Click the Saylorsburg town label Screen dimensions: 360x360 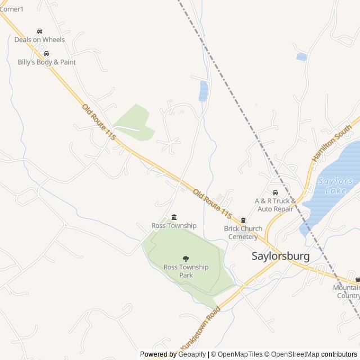(x=280, y=256)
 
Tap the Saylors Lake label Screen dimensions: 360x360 (x=335, y=186)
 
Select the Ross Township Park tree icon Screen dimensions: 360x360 (x=186, y=259)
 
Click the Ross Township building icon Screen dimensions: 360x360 (x=174, y=217)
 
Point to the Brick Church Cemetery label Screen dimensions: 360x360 (x=243, y=233)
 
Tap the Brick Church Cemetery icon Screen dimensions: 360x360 (x=243, y=220)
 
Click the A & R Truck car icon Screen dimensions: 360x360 (x=275, y=192)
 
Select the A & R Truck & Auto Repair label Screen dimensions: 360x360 (x=274, y=205)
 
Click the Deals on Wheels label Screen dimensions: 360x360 (x=39, y=40)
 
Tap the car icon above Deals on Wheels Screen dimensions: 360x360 (x=39, y=31)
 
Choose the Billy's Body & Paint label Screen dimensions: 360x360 (x=47, y=62)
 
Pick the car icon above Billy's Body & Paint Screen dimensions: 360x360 (x=46, y=53)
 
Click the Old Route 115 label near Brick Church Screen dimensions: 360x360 (x=212, y=204)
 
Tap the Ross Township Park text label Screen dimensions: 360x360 (x=186, y=271)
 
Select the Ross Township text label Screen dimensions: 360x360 (x=174, y=226)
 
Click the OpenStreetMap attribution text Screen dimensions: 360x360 (x=292, y=354)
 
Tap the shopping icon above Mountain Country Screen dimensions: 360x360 (x=357, y=279)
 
